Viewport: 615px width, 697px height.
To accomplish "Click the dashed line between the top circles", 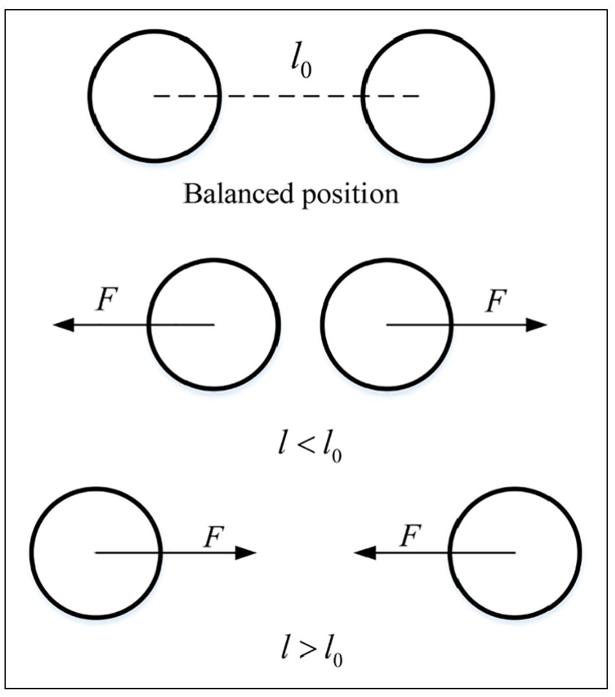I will pos(291,96).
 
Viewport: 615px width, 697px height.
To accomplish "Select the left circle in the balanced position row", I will pos(155,96).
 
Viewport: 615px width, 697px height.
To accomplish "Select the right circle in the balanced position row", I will pos(428,96).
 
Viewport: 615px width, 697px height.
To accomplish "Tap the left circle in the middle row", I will pos(214,324).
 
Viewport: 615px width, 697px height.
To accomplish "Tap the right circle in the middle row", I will pos(386,324).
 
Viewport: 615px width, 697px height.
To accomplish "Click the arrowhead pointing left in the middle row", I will pos(63,324).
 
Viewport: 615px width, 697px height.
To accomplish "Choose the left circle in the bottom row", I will pos(95,552).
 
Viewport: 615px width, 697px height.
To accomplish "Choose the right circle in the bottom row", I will pos(515,552).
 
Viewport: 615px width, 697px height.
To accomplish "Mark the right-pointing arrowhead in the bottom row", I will pos(247,552).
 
